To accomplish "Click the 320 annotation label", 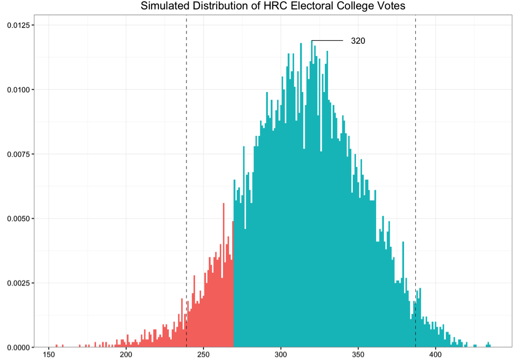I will [x=358, y=41].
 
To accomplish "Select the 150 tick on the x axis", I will [x=49, y=355].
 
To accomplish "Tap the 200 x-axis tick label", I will [x=126, y=355].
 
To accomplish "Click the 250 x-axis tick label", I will [x=203, y=355].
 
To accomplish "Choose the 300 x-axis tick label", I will [x=280, y=355].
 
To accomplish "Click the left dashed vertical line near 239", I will [x=186, y=159].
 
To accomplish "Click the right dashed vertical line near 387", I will [x=416, y=159].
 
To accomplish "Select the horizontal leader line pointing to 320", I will [x=327, y=41].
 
